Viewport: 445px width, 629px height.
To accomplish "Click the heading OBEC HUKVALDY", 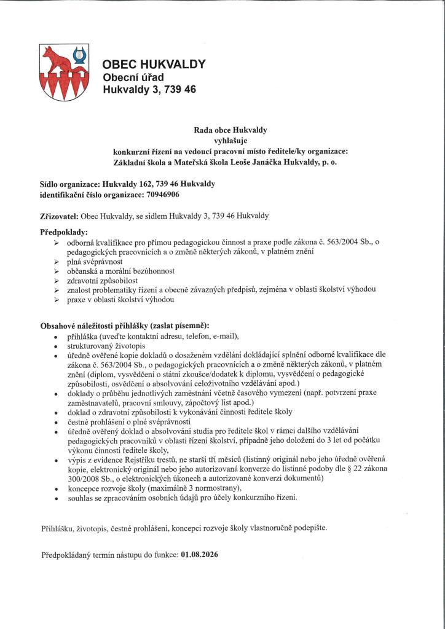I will click(x=154, y=64).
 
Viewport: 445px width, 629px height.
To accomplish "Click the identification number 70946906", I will click(x=162, y=195).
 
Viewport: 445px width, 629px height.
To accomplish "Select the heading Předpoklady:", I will click(x=64, y=232).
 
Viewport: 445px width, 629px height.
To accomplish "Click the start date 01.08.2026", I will click(x=200, y=554).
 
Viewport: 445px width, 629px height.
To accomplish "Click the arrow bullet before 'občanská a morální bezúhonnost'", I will click(x=57, y=270).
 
